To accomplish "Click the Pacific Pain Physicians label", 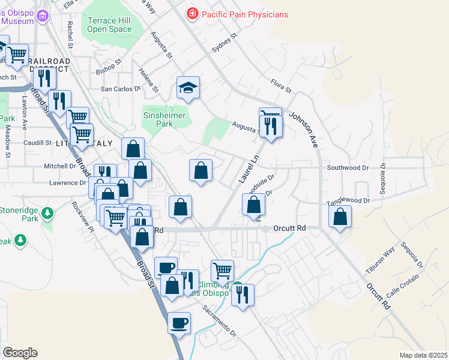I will (x=244, y=14).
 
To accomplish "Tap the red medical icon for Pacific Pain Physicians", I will (x=193, y=13).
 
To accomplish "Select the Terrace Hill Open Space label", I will (x=109, y=25).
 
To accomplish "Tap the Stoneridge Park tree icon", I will (x=46, y=213).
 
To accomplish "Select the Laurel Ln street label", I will (x=247, y=169).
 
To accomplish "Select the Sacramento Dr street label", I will (x=219, y=320).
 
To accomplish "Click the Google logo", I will (x=20, y=353).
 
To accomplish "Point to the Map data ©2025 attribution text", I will (x=423, y=355).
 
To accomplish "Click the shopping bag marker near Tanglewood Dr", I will (x=340, y=217).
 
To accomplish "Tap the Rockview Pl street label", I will (x=83, y=217).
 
